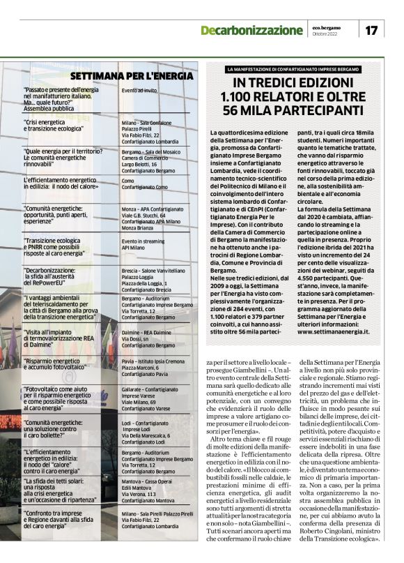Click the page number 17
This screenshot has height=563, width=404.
click(x=371, y=30)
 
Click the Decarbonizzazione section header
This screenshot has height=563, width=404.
click(x=251, y=31)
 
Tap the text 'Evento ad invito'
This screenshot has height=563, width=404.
click(x=139, y=91)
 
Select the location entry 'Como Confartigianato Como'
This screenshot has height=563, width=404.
click(x=144, y=184)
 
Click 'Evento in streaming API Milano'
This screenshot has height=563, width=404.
click(x=143, y=244)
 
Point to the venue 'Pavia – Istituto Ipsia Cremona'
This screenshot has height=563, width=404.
click(x=153, y=361)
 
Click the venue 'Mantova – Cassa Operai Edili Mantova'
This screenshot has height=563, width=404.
click(x=148, y=486)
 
